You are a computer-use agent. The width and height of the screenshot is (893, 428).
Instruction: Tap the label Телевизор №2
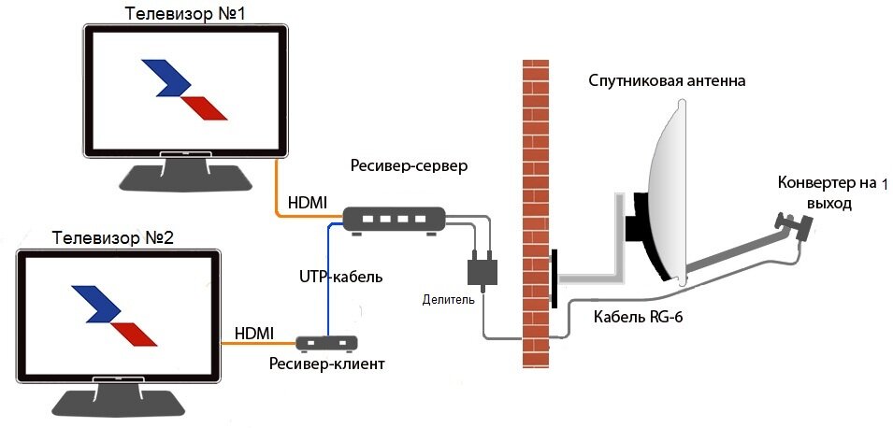point(114,237)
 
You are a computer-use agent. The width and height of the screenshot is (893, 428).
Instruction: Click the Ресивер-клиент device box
point(329,343)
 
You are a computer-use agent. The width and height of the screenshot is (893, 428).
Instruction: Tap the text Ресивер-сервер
point(409,166)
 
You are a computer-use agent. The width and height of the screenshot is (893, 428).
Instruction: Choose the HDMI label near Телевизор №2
point(254,333)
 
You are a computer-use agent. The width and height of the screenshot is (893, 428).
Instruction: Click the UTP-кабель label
point(341,277)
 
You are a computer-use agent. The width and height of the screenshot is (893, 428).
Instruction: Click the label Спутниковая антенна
point(667,81)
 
